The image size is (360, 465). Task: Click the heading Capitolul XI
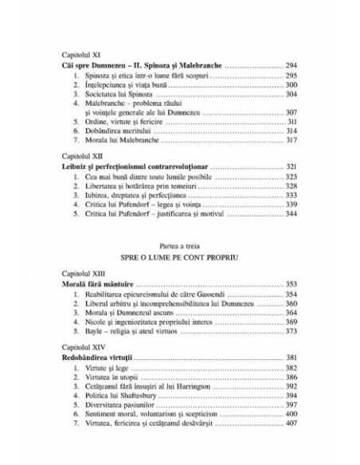click(x=78, y=53)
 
